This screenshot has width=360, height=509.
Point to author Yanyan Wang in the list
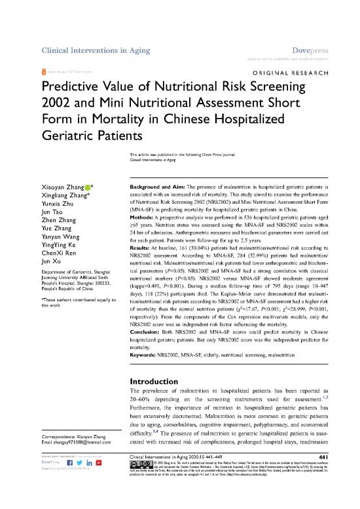pos(61,233)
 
